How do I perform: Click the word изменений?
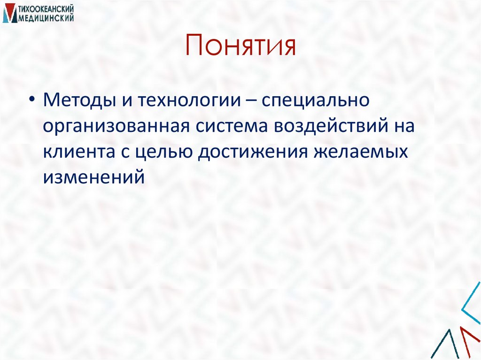(x=93, y=177)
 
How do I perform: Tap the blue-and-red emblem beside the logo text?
(x=8, y=14)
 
